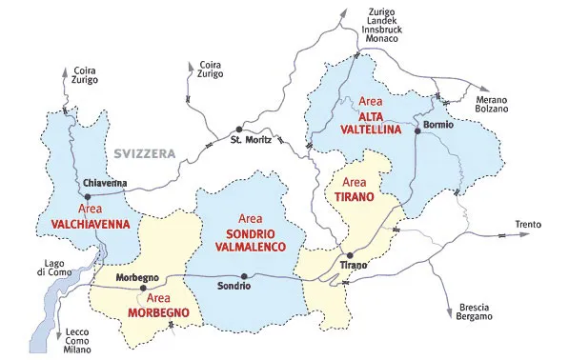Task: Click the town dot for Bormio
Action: (x=417, y=131)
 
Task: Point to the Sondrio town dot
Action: (x=245, y=277)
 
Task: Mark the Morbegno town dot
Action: (x=143, y=288)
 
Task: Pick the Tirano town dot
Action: (x=350, y=255)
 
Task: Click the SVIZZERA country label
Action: (x=147, y=153)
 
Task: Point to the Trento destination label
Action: (x=528, y=225)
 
